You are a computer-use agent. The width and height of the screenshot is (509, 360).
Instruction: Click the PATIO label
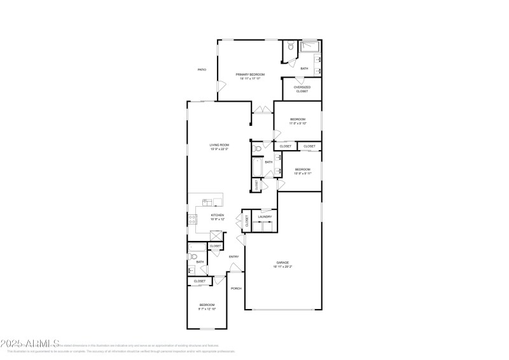click(x=202, y=70)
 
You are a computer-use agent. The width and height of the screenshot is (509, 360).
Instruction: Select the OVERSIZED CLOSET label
click(x=302, y=89)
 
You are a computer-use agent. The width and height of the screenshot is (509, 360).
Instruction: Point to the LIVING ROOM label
click(x=220, y=146)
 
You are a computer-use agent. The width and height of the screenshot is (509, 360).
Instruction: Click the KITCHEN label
click(x=218, y=216)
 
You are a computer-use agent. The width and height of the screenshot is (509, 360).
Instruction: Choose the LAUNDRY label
click(x=265, y=217)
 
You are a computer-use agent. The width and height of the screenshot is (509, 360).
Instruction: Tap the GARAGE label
click(x=282, y=263)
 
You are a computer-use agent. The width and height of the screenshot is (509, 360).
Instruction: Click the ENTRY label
click(x=234, y=257)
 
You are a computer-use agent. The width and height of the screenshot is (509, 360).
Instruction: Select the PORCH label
click(x=235, y=288)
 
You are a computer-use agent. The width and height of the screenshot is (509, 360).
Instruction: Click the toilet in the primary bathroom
click(x=289, y=46)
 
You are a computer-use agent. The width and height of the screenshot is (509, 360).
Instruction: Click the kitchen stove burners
click(x=192, y=220)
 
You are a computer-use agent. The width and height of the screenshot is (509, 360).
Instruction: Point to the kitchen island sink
click(x=207, y=202)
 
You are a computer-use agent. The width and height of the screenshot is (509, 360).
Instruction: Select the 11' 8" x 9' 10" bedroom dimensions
click(x=298, y=123)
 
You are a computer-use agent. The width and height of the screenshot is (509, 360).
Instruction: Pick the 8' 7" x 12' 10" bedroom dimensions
click(x=207, y=308)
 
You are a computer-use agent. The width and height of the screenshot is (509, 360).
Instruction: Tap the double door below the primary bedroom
click(x=261, y=111)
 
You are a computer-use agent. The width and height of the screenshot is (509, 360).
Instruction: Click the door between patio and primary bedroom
click(x=220, y=87)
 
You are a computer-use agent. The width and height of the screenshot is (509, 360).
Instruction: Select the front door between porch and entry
click(x=235, y=268)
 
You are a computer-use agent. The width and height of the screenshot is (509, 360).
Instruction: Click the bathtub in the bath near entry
click(x=197, y=247)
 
